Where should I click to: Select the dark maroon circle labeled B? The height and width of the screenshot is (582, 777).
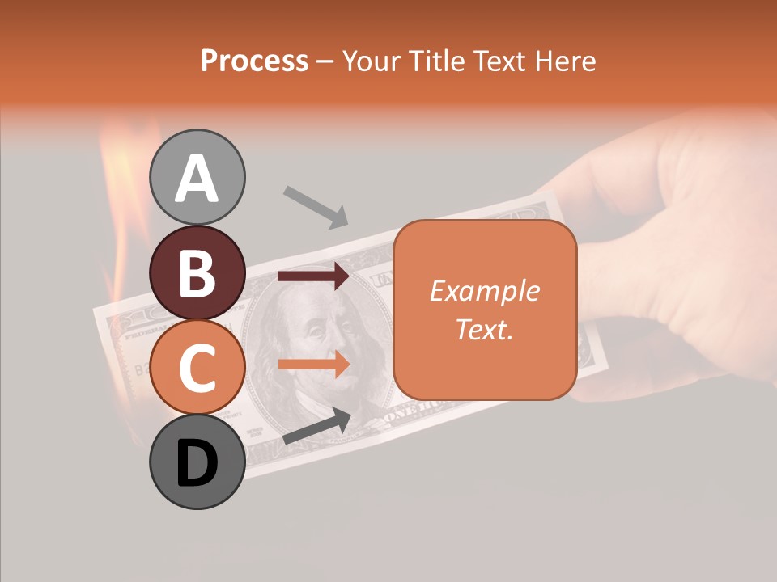(197, 272)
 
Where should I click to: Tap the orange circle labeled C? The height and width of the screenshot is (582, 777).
(197, 367)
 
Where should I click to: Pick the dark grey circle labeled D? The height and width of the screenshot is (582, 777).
(197, 462)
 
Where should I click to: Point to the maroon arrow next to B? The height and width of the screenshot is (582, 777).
(313, 276)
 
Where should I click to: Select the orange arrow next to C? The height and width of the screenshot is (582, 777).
(313, 364)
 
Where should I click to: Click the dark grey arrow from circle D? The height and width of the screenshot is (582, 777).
(316, 426)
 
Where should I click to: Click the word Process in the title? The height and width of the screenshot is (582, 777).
(254, 61)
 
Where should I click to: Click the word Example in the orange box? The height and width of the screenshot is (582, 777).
(484, 291)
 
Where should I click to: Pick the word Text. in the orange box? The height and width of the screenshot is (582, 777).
(484, 329)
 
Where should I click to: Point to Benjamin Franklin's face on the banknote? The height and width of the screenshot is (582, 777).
(324, 339)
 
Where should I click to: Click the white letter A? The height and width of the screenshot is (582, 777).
(197, 178)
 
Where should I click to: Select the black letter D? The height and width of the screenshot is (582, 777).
(197, 463)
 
